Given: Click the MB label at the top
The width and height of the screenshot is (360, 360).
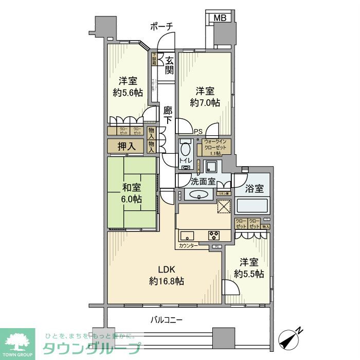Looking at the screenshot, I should pyautogui.click(x=220, y=18).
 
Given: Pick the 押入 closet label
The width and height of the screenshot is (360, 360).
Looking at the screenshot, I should pyautogui.click(x=127, y=146).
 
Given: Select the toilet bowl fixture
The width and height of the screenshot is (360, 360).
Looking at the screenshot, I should pyautogui.click(x=186, y=149).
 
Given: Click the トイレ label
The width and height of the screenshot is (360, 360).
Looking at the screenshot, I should pyautogui.click(x=185, y=161).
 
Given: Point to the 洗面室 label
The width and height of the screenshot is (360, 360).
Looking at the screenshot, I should pyautogui.click(x=203, y=181).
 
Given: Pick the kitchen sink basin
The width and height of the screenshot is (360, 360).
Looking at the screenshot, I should pyautogui.click(x=187, y=236).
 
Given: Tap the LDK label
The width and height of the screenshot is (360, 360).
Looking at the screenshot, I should pyautogui.click(x=167, y=269).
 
